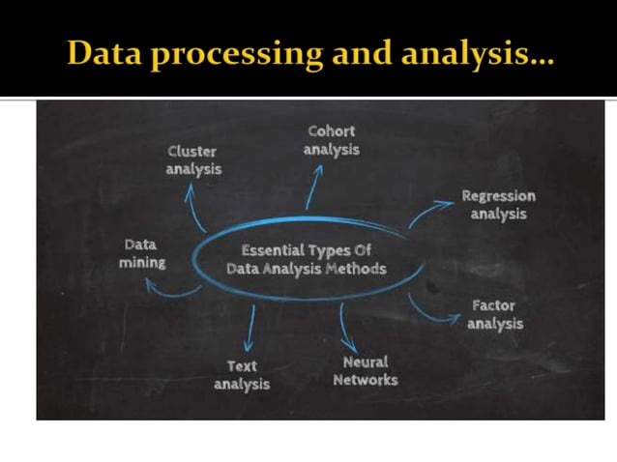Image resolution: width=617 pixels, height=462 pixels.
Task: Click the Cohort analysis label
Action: point(331,140)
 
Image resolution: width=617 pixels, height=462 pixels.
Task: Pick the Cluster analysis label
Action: point(193,159)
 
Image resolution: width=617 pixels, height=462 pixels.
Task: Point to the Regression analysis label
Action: point(497,204)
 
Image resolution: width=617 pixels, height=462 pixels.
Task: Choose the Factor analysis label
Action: point(493,314)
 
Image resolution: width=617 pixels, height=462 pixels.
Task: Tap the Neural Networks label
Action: point(365,371)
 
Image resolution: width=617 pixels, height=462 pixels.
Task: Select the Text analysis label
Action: point(241,375)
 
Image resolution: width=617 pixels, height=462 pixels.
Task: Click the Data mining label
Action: point(141,253)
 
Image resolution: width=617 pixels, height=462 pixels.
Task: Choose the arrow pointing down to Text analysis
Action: point(250,329)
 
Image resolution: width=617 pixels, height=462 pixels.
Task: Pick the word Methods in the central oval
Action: point(355,269)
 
